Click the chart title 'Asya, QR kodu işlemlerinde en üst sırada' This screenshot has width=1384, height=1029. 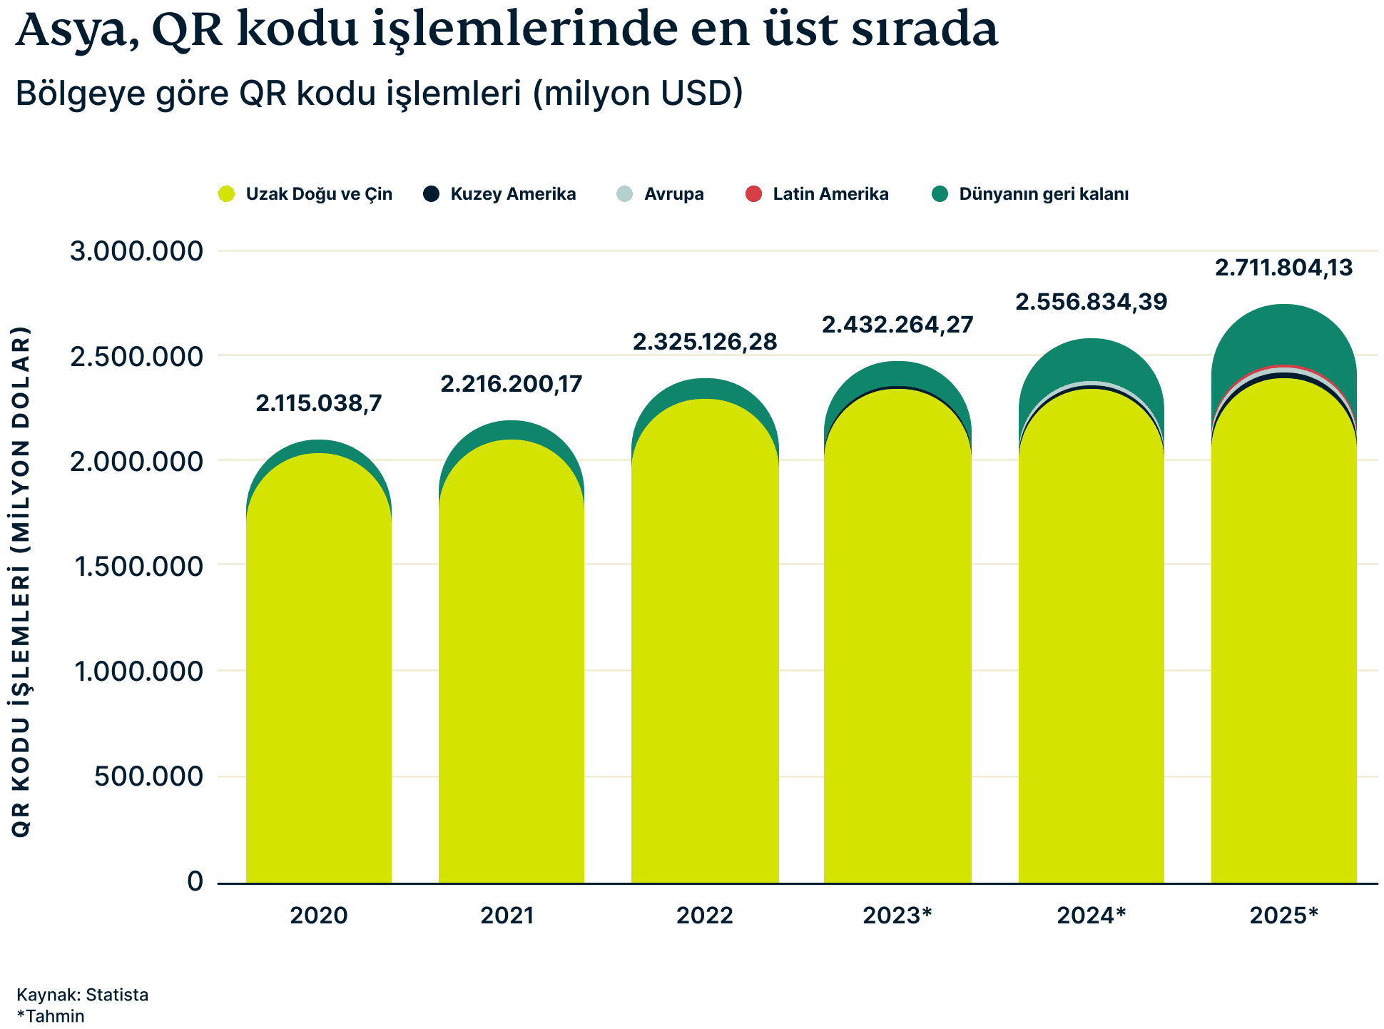[507, 30]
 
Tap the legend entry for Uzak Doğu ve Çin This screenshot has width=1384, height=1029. [306, 194]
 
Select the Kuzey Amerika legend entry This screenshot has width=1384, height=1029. [499, 194]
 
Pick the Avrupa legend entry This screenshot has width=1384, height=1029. [661, 194]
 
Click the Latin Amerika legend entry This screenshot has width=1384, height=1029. [817, 194]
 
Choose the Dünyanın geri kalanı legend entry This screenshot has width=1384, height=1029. [1031, 194]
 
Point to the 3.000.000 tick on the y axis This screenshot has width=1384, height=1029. [136, 251]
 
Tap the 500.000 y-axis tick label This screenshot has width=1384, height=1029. [148, 776]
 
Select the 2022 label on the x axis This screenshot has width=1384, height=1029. [705, 915]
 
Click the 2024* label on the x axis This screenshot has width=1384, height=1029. [1091, 915]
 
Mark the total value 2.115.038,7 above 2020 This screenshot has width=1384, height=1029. [319, 403]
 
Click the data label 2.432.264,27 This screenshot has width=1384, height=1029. [897, 325]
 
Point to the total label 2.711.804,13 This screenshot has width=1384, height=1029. [1283, 268]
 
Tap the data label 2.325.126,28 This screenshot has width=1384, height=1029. [705, 342]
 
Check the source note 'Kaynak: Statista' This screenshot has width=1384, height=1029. [82, 995]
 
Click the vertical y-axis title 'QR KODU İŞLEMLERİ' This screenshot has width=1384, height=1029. [21, 582]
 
